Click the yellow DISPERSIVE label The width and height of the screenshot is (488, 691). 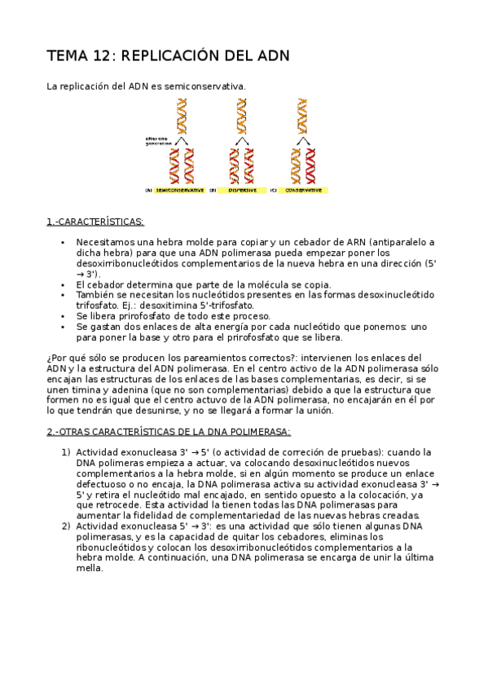click(242, 190)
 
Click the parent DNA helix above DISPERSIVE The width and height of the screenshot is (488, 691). click(241, 115)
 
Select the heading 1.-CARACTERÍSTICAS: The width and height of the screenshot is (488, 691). click(95, 222)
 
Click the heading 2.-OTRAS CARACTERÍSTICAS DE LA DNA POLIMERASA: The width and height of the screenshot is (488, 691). click(169, 432)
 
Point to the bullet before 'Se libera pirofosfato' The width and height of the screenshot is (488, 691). click(63, 316)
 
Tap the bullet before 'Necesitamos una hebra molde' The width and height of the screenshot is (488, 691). click(63, 242)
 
